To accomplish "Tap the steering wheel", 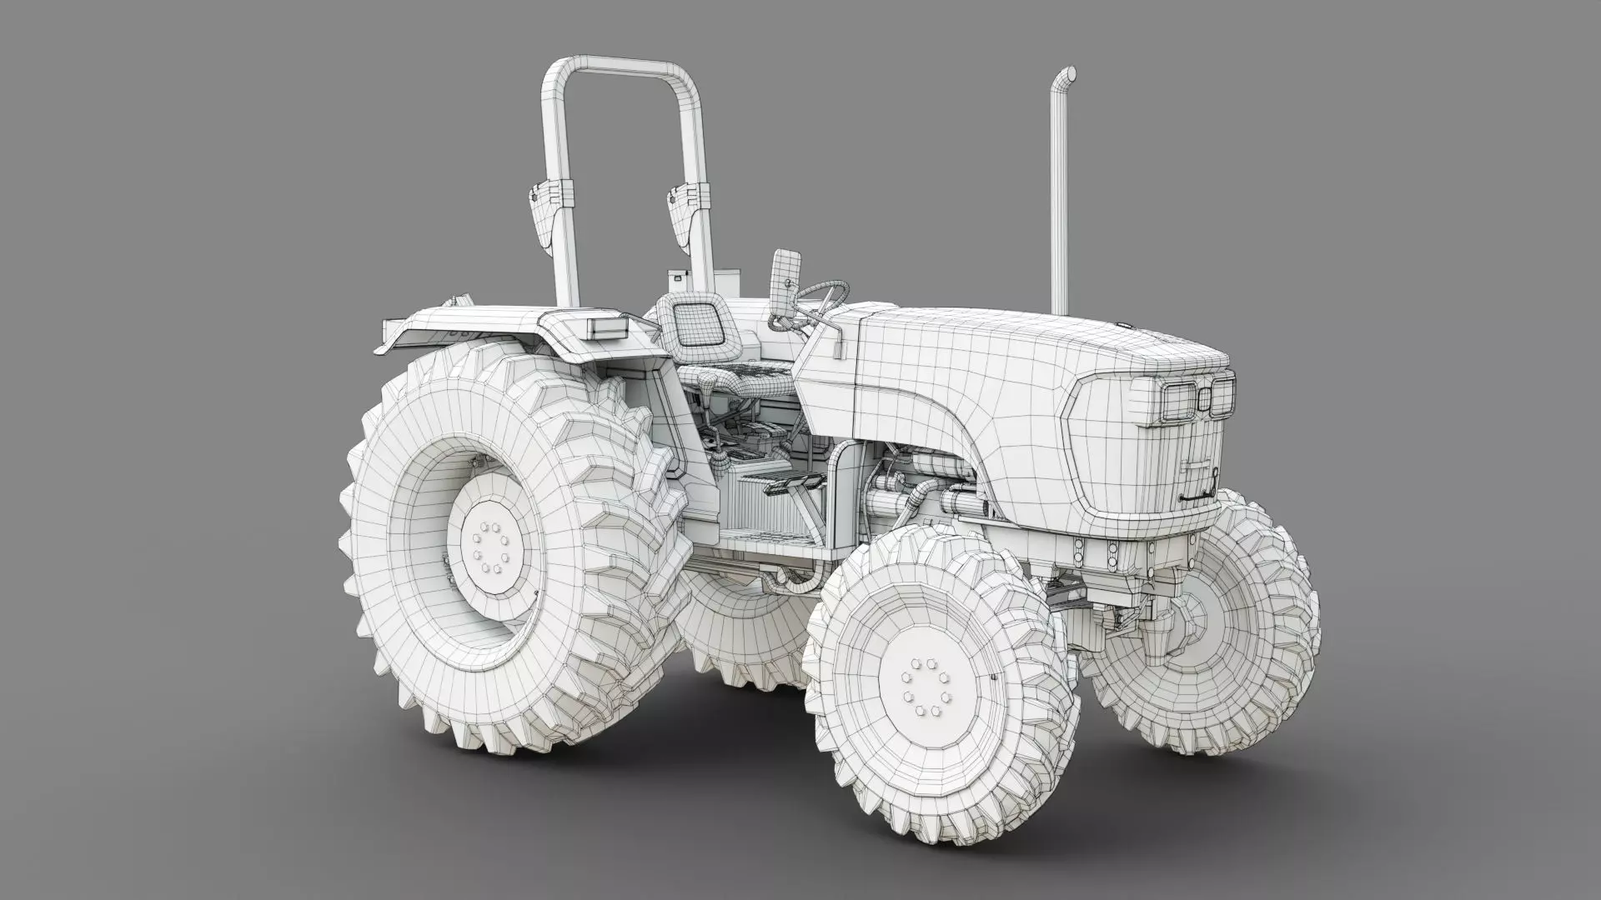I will tap(821, 295).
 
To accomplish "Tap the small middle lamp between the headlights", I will tap(1204, 399).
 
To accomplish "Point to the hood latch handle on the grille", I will tap(1197, 497).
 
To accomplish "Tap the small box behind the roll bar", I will tap(677, 278).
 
